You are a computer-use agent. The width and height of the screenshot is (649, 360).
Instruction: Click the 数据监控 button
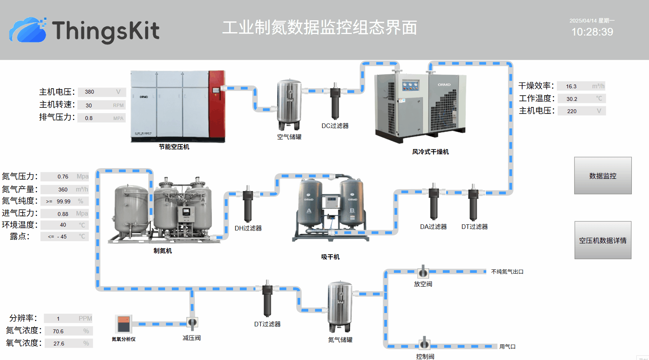pyautogui.click(x=603, y=176)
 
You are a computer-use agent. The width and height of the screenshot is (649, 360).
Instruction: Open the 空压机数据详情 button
pyautogui.click(x=603, y=240)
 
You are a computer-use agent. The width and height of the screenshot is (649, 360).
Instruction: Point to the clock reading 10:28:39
pyautogui.click(x=592, y=32)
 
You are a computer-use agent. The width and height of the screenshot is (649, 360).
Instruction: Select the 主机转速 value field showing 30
pyautogui.click(x=102, y=105)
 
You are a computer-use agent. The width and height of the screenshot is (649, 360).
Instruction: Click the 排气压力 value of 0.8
pyautogui.click(x=102, y=118)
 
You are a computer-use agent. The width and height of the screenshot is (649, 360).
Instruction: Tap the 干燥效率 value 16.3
pyautogui.click(x=581, y=86)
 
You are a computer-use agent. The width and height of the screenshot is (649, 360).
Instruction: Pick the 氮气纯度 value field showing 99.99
pyautogui.click(x=65, y=201)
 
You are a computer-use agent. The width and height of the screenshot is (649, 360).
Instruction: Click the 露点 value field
pyautogui.click(x=65, y=237)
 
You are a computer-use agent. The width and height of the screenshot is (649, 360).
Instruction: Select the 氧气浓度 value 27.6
pyautogui.click(x=68, y=343)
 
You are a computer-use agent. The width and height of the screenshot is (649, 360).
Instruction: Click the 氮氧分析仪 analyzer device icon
pyautogui.click(x=123, y=324)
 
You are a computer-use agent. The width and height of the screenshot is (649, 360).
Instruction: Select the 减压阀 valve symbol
pyautogui.click(x=192, y=323)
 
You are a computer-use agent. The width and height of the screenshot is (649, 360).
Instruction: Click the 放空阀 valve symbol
pyautogui.click(x=423, y=272)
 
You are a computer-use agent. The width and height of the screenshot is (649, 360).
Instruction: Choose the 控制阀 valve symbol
pyautogui.click(x=424, y=344)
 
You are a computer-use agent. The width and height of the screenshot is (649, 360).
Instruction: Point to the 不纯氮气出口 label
pyautogui.click(x=507, y=272)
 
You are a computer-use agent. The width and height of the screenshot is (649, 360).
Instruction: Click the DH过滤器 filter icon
pyautogui.click(x=248, y=204)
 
